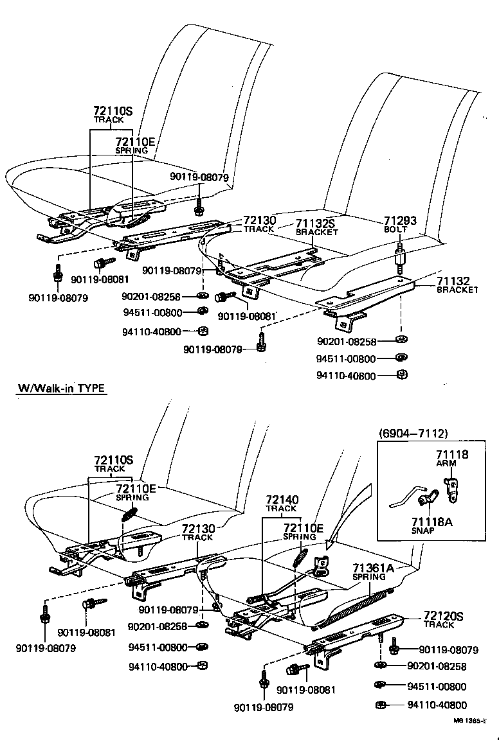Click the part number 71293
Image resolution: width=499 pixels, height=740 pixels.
(400, 220)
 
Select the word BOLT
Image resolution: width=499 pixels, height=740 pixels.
(396, 229)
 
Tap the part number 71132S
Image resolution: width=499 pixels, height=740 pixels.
(316, 224)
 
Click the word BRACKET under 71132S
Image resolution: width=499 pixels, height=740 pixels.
(316, 232)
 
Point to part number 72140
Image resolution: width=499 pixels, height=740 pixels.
(281, 499)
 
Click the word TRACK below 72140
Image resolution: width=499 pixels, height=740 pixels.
(281, 508)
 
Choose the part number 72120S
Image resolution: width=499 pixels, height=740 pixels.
(444, 616)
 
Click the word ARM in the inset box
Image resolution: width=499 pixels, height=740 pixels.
(446, 463)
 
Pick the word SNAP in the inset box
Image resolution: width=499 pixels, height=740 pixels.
(424, 531)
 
